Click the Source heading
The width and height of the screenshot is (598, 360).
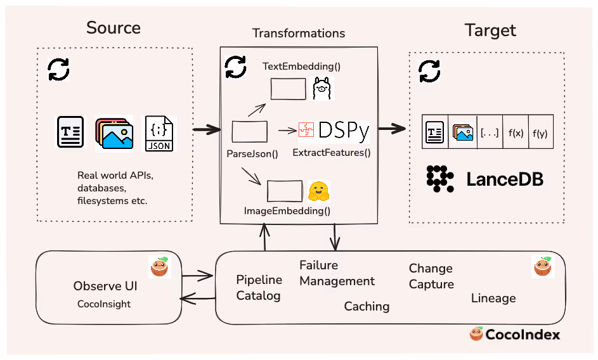pyautogui.click(x=114, y=28)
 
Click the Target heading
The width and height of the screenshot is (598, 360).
pyautogui.click(x=490, y=30)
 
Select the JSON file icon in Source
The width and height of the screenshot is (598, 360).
pyautogui.click(x=159, y=133)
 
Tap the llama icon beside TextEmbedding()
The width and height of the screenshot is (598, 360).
pyautogui.click(x=322, y=89)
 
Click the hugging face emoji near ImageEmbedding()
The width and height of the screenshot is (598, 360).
pyautogui.click(x=319, y=191)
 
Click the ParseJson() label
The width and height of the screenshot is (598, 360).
pyautogui.click(x=252, y=153)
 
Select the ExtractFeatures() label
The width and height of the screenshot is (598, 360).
pyautogui.click(x=332, y=153)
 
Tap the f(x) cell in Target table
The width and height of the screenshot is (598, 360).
pyautogui.click(x=516, y=133)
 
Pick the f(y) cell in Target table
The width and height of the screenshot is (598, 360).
pyautogui.click(x=541, y=133)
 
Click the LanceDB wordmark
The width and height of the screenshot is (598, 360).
pyautogui.click(x=505, y=179)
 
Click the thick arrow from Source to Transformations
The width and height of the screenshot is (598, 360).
pyautogui.click(x=206, y=130)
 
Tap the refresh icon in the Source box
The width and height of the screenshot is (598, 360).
pyautogui.click(x=60, y=69)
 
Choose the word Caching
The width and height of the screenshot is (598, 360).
pyautogui.click(x=367, y=307)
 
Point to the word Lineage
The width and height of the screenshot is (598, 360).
pyautogui.click(x=493, y=298)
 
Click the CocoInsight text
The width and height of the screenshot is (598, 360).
pyautogui.click(x=104, y=304)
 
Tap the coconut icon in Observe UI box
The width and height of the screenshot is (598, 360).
pyautogui.click(x=159, y=267)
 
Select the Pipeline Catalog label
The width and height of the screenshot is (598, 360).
pyautogui.click(x=258, y=288)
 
